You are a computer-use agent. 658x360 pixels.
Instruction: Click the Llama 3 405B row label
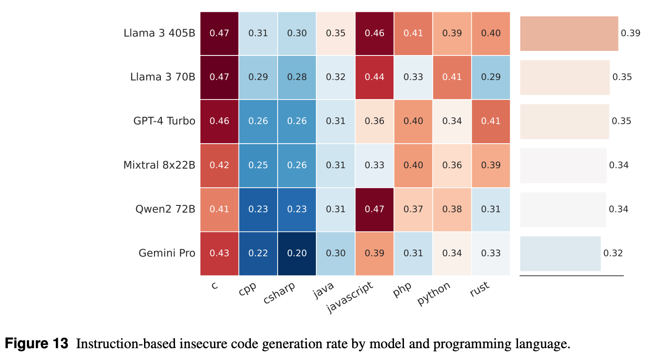[x=159, y=33]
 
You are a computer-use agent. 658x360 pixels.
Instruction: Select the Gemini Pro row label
[x=167, y=253]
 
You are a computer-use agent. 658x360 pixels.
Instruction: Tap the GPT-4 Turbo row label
[x=164, y=121]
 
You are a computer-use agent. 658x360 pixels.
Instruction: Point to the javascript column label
[x=350, y=297]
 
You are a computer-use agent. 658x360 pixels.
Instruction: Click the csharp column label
[x=279, y=293]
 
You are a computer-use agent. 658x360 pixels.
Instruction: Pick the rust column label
[x=480, y=289]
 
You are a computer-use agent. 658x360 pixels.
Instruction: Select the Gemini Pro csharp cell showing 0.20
[x=297, y=253]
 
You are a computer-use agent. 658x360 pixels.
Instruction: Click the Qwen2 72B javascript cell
[x=374, y=209]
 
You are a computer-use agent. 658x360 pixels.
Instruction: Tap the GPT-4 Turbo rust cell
[x=491, y=121]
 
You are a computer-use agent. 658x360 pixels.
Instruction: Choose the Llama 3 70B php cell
[x=413, y=77]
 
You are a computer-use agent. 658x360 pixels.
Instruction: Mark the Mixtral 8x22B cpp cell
[x=258, y=165]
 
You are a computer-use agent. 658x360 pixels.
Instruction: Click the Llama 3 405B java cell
[x=336, y=33]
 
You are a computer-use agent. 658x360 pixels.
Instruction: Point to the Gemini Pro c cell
[x=219, y=253]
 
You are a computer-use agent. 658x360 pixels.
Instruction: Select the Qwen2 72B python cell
[x=452, y=209]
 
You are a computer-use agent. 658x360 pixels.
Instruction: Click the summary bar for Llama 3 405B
[x=569, y=33]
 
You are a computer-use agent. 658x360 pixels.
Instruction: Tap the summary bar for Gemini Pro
[x=560, y=253]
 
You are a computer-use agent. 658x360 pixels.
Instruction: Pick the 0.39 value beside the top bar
[x=630, y=33]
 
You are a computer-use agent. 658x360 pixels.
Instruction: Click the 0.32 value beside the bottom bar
[x=613, y=253]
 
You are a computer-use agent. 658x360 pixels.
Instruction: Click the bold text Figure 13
[x=37, y=343]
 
